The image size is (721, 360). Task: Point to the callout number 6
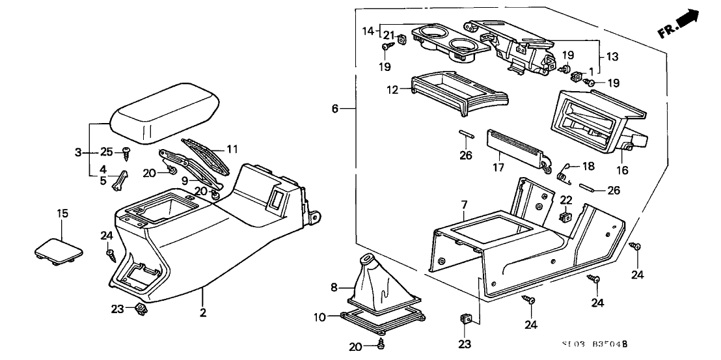coord(334,109)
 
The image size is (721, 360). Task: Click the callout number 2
coord(203,313)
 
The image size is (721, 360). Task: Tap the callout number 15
coord(62,214)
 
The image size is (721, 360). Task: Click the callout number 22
coord(566,199)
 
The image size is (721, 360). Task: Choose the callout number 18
coord(588,167)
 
